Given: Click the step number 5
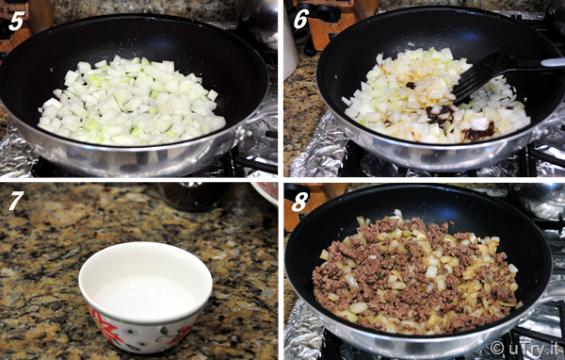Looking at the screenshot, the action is [x=17, y=22].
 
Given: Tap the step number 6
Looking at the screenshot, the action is [x=301, y=20].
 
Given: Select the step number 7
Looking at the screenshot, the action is [x=16, y=201].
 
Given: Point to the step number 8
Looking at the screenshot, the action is [x=299, y=202].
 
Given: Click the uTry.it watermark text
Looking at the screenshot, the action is [x=525, y=349].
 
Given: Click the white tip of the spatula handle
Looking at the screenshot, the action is [x=553, y=62].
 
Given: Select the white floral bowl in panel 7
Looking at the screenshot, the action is [x=145, y=296].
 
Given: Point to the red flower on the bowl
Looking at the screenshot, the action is [x=105, y=324].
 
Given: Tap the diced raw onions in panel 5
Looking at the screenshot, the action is [x=132, y=100].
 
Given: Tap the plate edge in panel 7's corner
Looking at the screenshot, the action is [x=265, y=194].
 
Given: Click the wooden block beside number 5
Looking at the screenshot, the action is [x=25, y=22].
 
